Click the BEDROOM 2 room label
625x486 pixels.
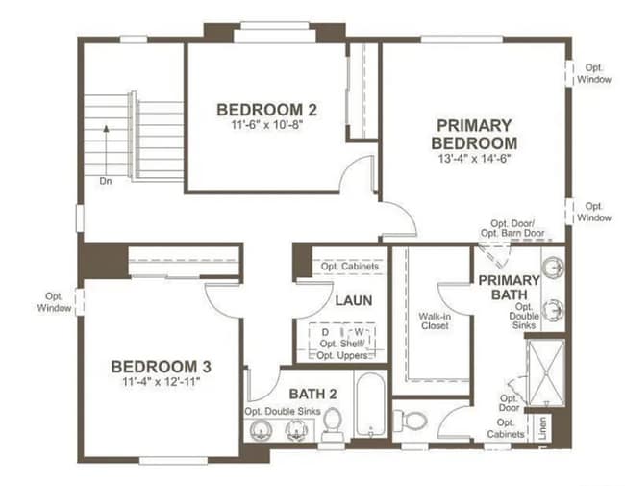pyautogui.click(x=266, y=109)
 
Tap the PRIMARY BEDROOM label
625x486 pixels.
pyautogui.click(x=474, y=134)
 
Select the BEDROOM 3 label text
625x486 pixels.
pyautogui.click(x=162, y=367)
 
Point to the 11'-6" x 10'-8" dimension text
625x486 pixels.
pyautogui.click(x=266, y=124)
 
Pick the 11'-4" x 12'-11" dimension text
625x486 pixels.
pyautogui.click(x=162, y=382)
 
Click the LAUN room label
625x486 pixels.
pyautogui.click(x=353, y=300)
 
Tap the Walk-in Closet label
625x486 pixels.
pyautogui.click(x=435, y=320)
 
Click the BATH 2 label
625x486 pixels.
pyautogui.click(x=312, y=393)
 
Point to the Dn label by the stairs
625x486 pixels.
pyautogui.click(x=105, y=180)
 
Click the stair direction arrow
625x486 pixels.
pyautogui.click(x=105, y=144)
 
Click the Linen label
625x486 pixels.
pyautogui.click(x=544, y=428)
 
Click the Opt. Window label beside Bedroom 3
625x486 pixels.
pyautogui.click(x=55, y=302)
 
